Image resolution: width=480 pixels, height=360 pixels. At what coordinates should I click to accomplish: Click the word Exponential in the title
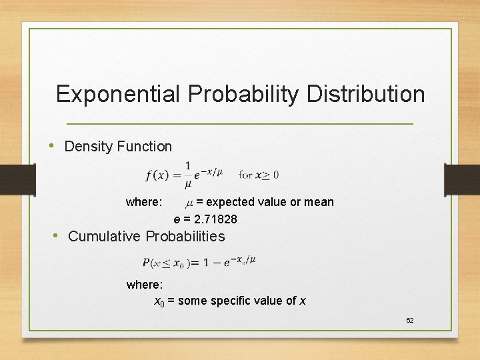[117, 94]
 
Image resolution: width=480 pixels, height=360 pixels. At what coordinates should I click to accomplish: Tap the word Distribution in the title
[365, 94]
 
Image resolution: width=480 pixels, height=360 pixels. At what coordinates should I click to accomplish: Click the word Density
[89, 147]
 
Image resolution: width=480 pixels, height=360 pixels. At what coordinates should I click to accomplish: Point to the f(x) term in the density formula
[157, 175]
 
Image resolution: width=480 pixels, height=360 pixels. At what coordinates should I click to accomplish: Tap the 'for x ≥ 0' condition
[258, 175]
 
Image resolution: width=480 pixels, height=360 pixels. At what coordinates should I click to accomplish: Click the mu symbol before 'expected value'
[189, 202]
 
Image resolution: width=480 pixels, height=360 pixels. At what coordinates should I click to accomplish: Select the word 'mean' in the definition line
[319, 202]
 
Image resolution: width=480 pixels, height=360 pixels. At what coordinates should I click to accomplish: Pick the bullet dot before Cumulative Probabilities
[58, 235]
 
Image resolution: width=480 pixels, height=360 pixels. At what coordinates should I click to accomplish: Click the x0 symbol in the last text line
[159, 301]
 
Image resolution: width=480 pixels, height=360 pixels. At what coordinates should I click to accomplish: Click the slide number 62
[410, 321]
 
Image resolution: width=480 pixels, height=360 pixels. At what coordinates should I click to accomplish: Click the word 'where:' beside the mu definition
[144, 202]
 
